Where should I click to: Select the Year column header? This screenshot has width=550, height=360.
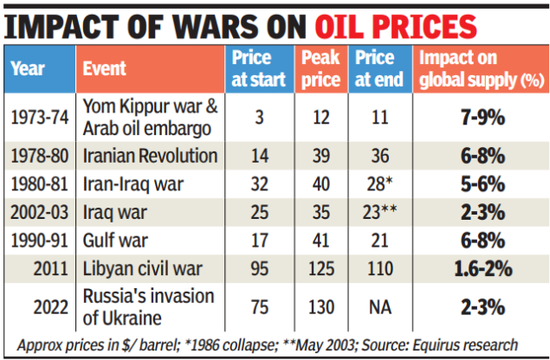(x=29, y=68)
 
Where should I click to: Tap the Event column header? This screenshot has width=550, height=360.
(x=104, y=68)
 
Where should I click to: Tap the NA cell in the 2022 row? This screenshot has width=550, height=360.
(x=379, y=307)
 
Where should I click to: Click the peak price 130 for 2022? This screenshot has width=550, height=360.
(x=319, y=307)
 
